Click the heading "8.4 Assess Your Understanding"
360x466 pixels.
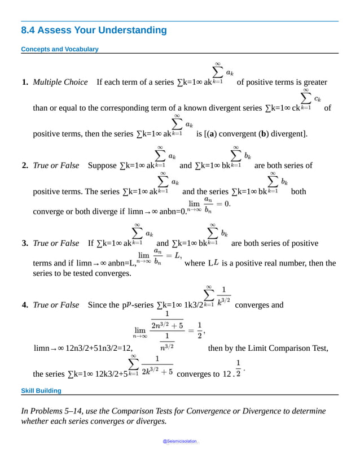(x=94, y=31)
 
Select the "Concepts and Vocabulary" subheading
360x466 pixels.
(x=59, y=49)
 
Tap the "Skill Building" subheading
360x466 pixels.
(x=41, y=390)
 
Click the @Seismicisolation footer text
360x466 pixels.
(x=181, y=441)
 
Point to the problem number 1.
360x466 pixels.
(x=25, y=82)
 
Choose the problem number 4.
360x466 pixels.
(x=25, y=305)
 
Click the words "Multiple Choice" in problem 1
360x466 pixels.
(x=60, y=82)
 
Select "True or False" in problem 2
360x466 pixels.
(x=56, y=166)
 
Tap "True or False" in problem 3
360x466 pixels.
(x=56, y=243)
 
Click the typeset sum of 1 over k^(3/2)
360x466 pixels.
(x=217, y=297)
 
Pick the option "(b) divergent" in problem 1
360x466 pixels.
(x=282, y=134)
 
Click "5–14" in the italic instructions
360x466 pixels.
(x=78, y=411)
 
